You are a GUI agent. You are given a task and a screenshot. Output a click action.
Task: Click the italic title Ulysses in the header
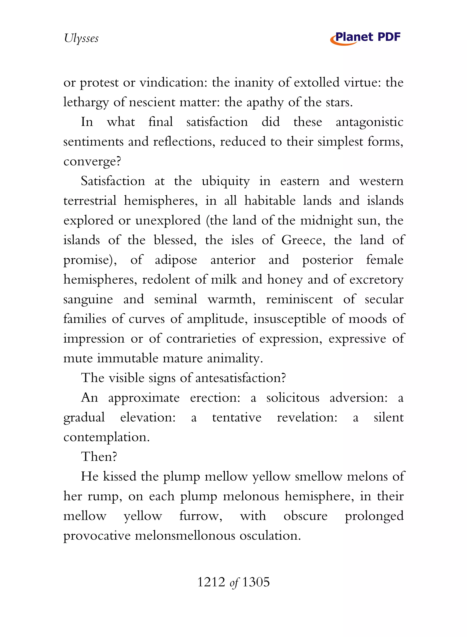tap(81, 38)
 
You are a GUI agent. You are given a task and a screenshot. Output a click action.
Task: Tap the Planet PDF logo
tap(365, 38)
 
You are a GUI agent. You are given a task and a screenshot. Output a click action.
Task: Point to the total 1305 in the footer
tap(256, 582)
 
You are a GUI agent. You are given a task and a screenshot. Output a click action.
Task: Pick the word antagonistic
tap(369, 122)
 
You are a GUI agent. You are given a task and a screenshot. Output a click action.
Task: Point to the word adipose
tap(176, 260)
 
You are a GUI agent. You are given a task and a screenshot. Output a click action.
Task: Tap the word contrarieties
tap(201, 339)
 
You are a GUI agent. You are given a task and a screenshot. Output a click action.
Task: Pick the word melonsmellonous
tap(185, 536)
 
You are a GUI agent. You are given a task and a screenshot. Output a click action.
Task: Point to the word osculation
tap(269, 536)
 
